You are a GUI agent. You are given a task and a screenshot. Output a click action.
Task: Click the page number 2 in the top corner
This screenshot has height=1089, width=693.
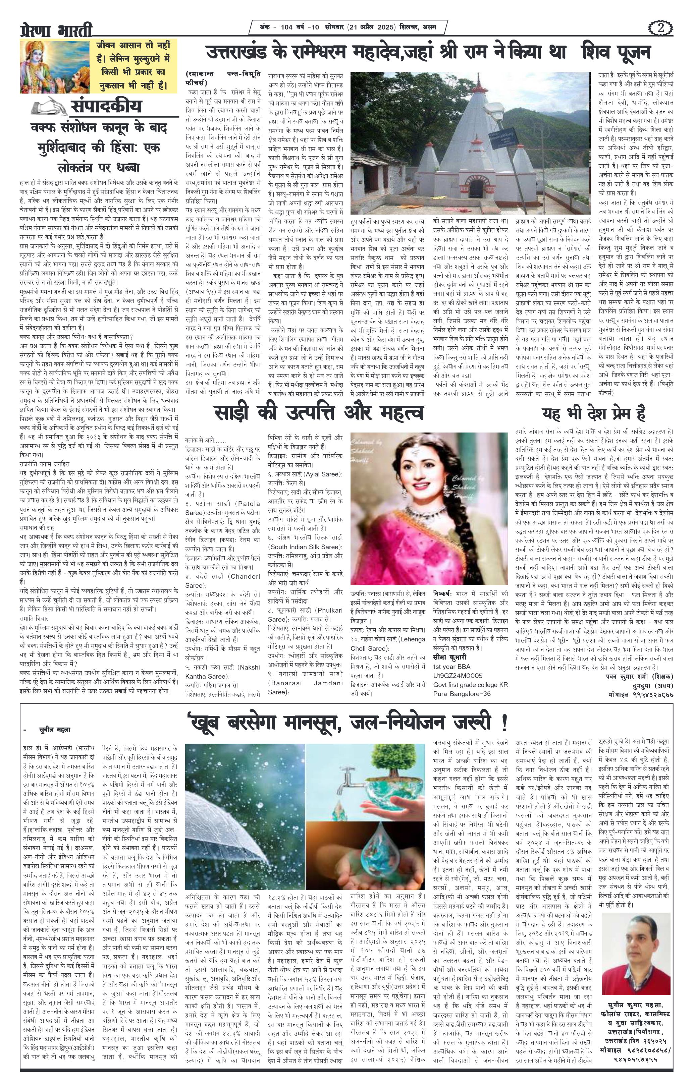tap(661, 28)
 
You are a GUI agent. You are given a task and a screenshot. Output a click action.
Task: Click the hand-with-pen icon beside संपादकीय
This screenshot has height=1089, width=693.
tap(51, 108)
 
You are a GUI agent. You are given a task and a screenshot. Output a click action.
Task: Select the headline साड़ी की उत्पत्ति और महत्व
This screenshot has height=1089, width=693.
tap(318, 412)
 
